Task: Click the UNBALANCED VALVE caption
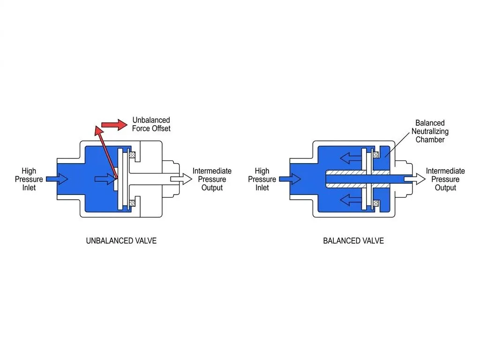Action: [x=121, y=241]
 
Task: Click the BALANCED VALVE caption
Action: [x=353, y=241]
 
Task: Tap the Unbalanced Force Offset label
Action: [x=151, y=124]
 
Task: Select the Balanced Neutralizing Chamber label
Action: [x=430, y=131]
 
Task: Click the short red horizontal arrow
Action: [x=114, y=125]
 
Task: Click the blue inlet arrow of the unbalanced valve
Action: [x=57, y=179]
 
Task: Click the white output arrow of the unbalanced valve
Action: [x=181, y=179]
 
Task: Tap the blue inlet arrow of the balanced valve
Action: [x=290, y=179]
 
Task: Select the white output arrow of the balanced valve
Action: [x=414, y=179]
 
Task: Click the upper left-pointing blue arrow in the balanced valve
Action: [x=351, y=158]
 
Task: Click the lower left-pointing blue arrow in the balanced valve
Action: [x=351, y=200]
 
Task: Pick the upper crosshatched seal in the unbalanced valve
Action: [x=132, y=155]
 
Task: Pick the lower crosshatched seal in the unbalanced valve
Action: [x=132, y=203]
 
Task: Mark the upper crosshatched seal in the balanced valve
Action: [x=376, y=155]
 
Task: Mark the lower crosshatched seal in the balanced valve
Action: [x=376, y=203]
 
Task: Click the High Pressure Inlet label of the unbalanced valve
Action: [x=29, y=180]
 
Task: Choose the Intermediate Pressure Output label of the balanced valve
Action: [x=445, y=180]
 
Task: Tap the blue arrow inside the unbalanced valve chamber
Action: [x=106, y=179]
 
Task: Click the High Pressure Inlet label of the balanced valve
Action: [x=262, y=180]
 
